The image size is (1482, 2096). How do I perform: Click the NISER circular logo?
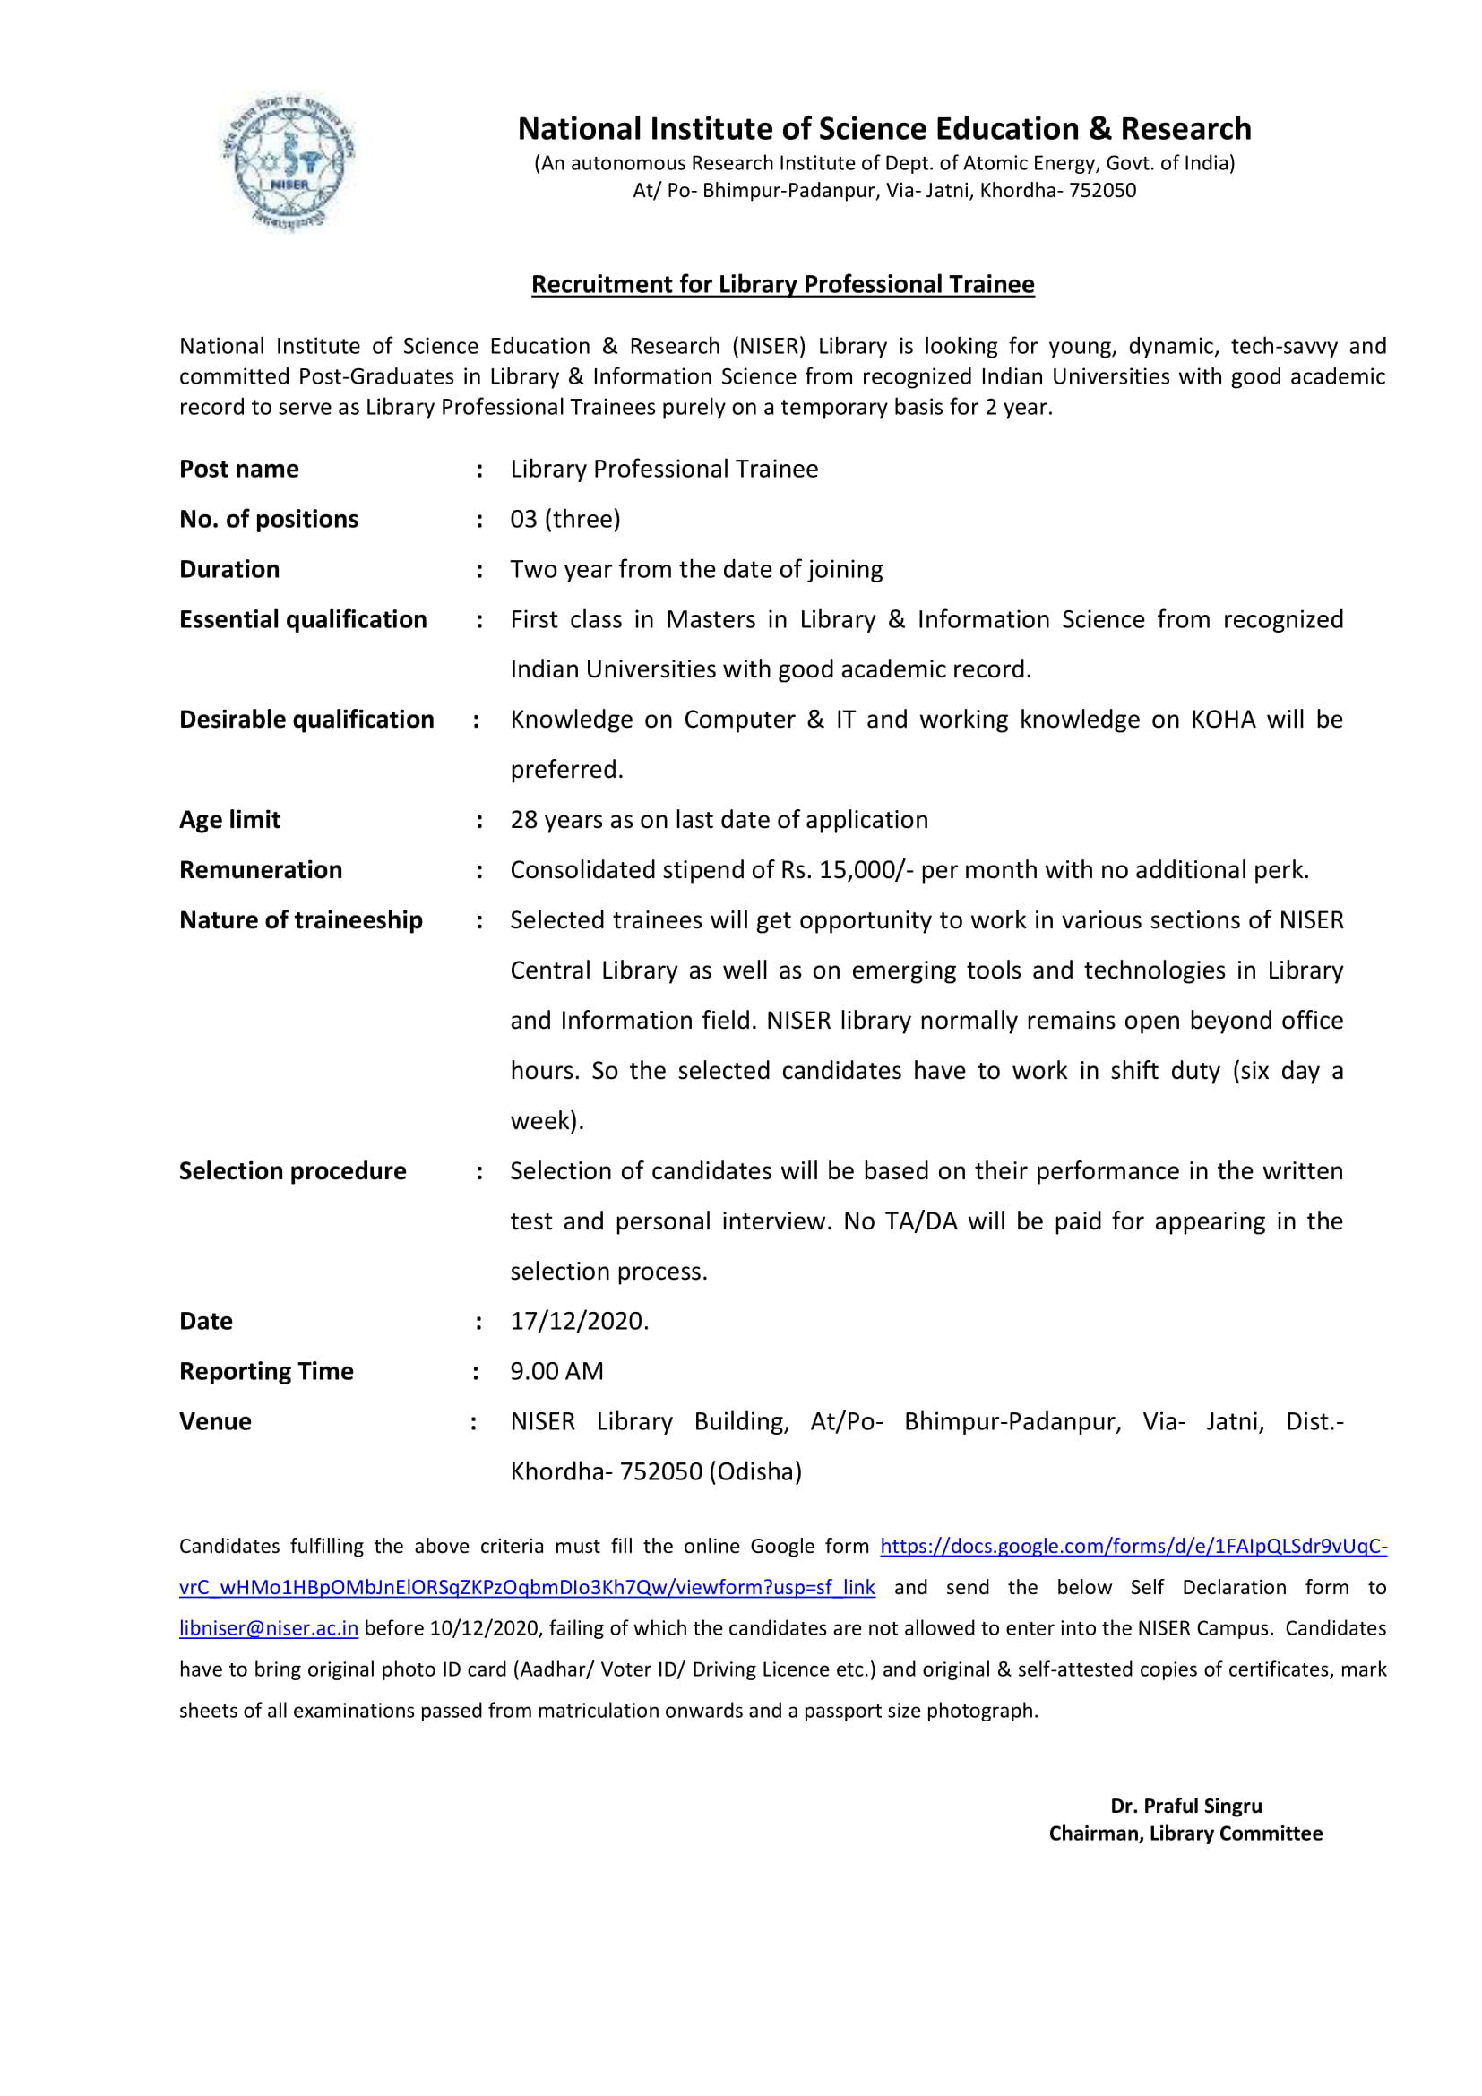tap(289, 160)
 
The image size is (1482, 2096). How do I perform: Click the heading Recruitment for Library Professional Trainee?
tap(782, 285)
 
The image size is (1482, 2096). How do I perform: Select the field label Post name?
tap(239, 470)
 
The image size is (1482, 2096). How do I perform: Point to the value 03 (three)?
tap(564, 520)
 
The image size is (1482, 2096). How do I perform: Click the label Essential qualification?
tap(303, 620)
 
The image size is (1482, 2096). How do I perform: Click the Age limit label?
tap(230, 820)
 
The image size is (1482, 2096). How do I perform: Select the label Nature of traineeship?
tap(301, 920)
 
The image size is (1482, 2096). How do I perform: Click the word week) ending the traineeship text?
tap(547, 1121)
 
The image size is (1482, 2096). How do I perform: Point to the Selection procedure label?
tap(293, 1171)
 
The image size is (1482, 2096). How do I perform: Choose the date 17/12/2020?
tap(579, 1322)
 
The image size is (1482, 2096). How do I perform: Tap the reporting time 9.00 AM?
tap(556, 1372)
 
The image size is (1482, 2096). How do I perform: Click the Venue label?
tap(215, 1422)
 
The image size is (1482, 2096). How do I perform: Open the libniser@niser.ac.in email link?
tap(268, 1628)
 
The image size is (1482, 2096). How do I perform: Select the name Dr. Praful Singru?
tap(1185, 1807)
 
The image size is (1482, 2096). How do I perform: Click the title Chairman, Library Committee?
tap(1185, 1834)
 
